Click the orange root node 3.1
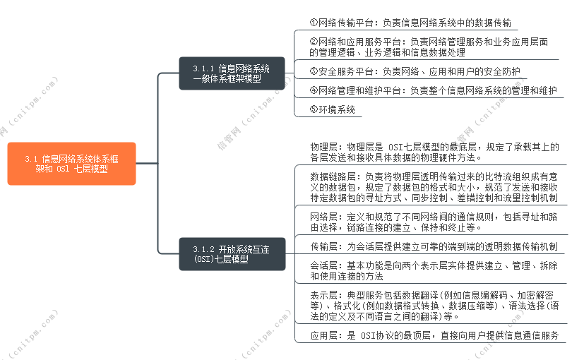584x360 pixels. [71, 164]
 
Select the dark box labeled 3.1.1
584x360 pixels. [232, 73]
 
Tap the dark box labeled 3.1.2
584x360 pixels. [232, 254]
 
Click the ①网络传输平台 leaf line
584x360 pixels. [410, 23]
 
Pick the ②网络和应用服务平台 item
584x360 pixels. [429, 47]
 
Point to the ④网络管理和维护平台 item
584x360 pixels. [433, 90]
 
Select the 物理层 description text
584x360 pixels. [434, 152]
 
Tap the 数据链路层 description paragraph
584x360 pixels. [434, 188]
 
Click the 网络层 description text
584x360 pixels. [434, 222]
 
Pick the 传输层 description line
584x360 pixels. [434, 246]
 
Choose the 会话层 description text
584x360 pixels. [434, 271]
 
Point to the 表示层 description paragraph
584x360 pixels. [434, 306]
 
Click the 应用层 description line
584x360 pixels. [434, 335]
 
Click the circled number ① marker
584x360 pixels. [314, 23]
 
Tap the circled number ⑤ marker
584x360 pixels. [314, 109]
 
